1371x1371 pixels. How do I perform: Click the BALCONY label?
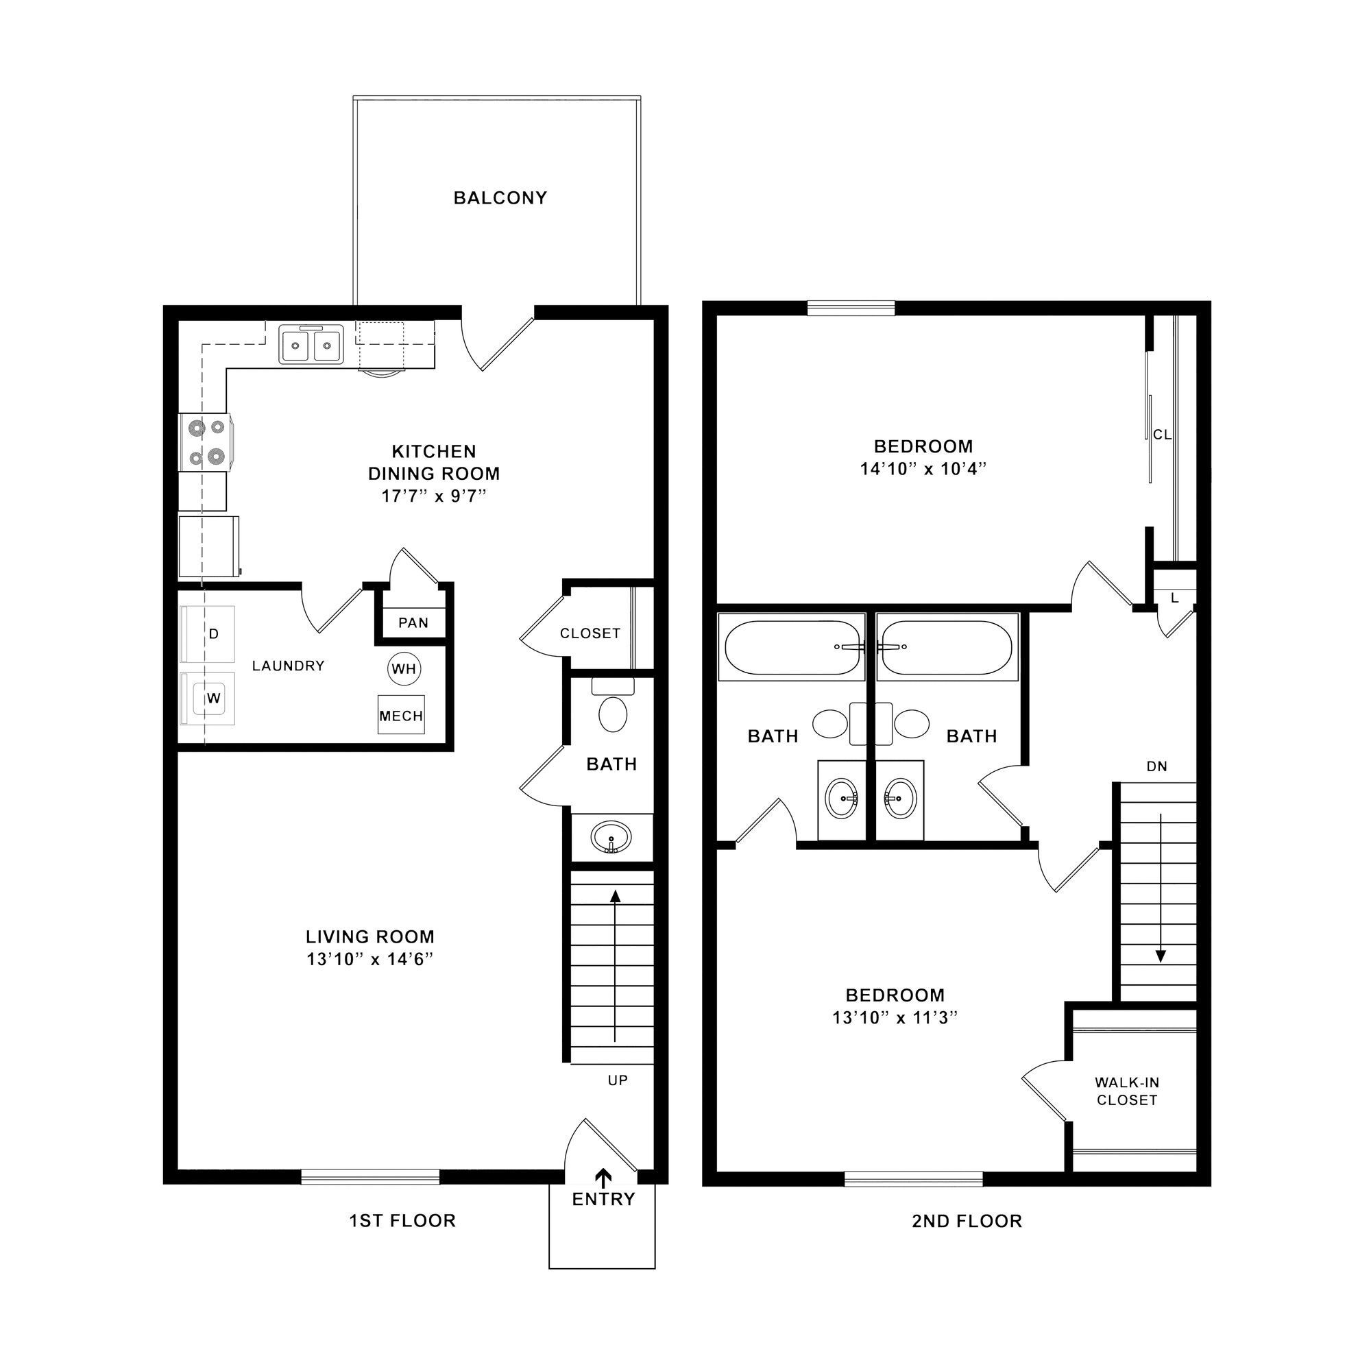(500, 198)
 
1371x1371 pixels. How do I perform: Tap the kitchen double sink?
(311, 345)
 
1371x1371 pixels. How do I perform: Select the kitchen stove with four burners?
(206, 442)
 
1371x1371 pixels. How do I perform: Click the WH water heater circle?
(404, 668)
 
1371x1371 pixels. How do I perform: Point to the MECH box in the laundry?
(401, 715)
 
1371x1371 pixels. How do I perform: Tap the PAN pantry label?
(413, 623)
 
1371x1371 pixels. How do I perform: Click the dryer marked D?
(207, 633)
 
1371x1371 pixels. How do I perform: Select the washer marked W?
(207, 699)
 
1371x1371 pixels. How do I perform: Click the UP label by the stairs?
(618, 1081)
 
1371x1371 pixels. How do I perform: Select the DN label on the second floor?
(1156, 766)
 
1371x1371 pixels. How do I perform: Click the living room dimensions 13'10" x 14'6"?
(370, 960)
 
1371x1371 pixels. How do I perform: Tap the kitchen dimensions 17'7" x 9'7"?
(434, 496)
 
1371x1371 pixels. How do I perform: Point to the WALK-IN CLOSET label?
(1127, 1091)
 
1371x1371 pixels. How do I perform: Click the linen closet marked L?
(1174, 598)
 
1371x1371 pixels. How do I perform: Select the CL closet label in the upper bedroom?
(1163, 435)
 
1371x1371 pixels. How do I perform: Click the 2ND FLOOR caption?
(967, 1221)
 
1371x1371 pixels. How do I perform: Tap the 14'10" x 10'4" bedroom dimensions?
(923, 469)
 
